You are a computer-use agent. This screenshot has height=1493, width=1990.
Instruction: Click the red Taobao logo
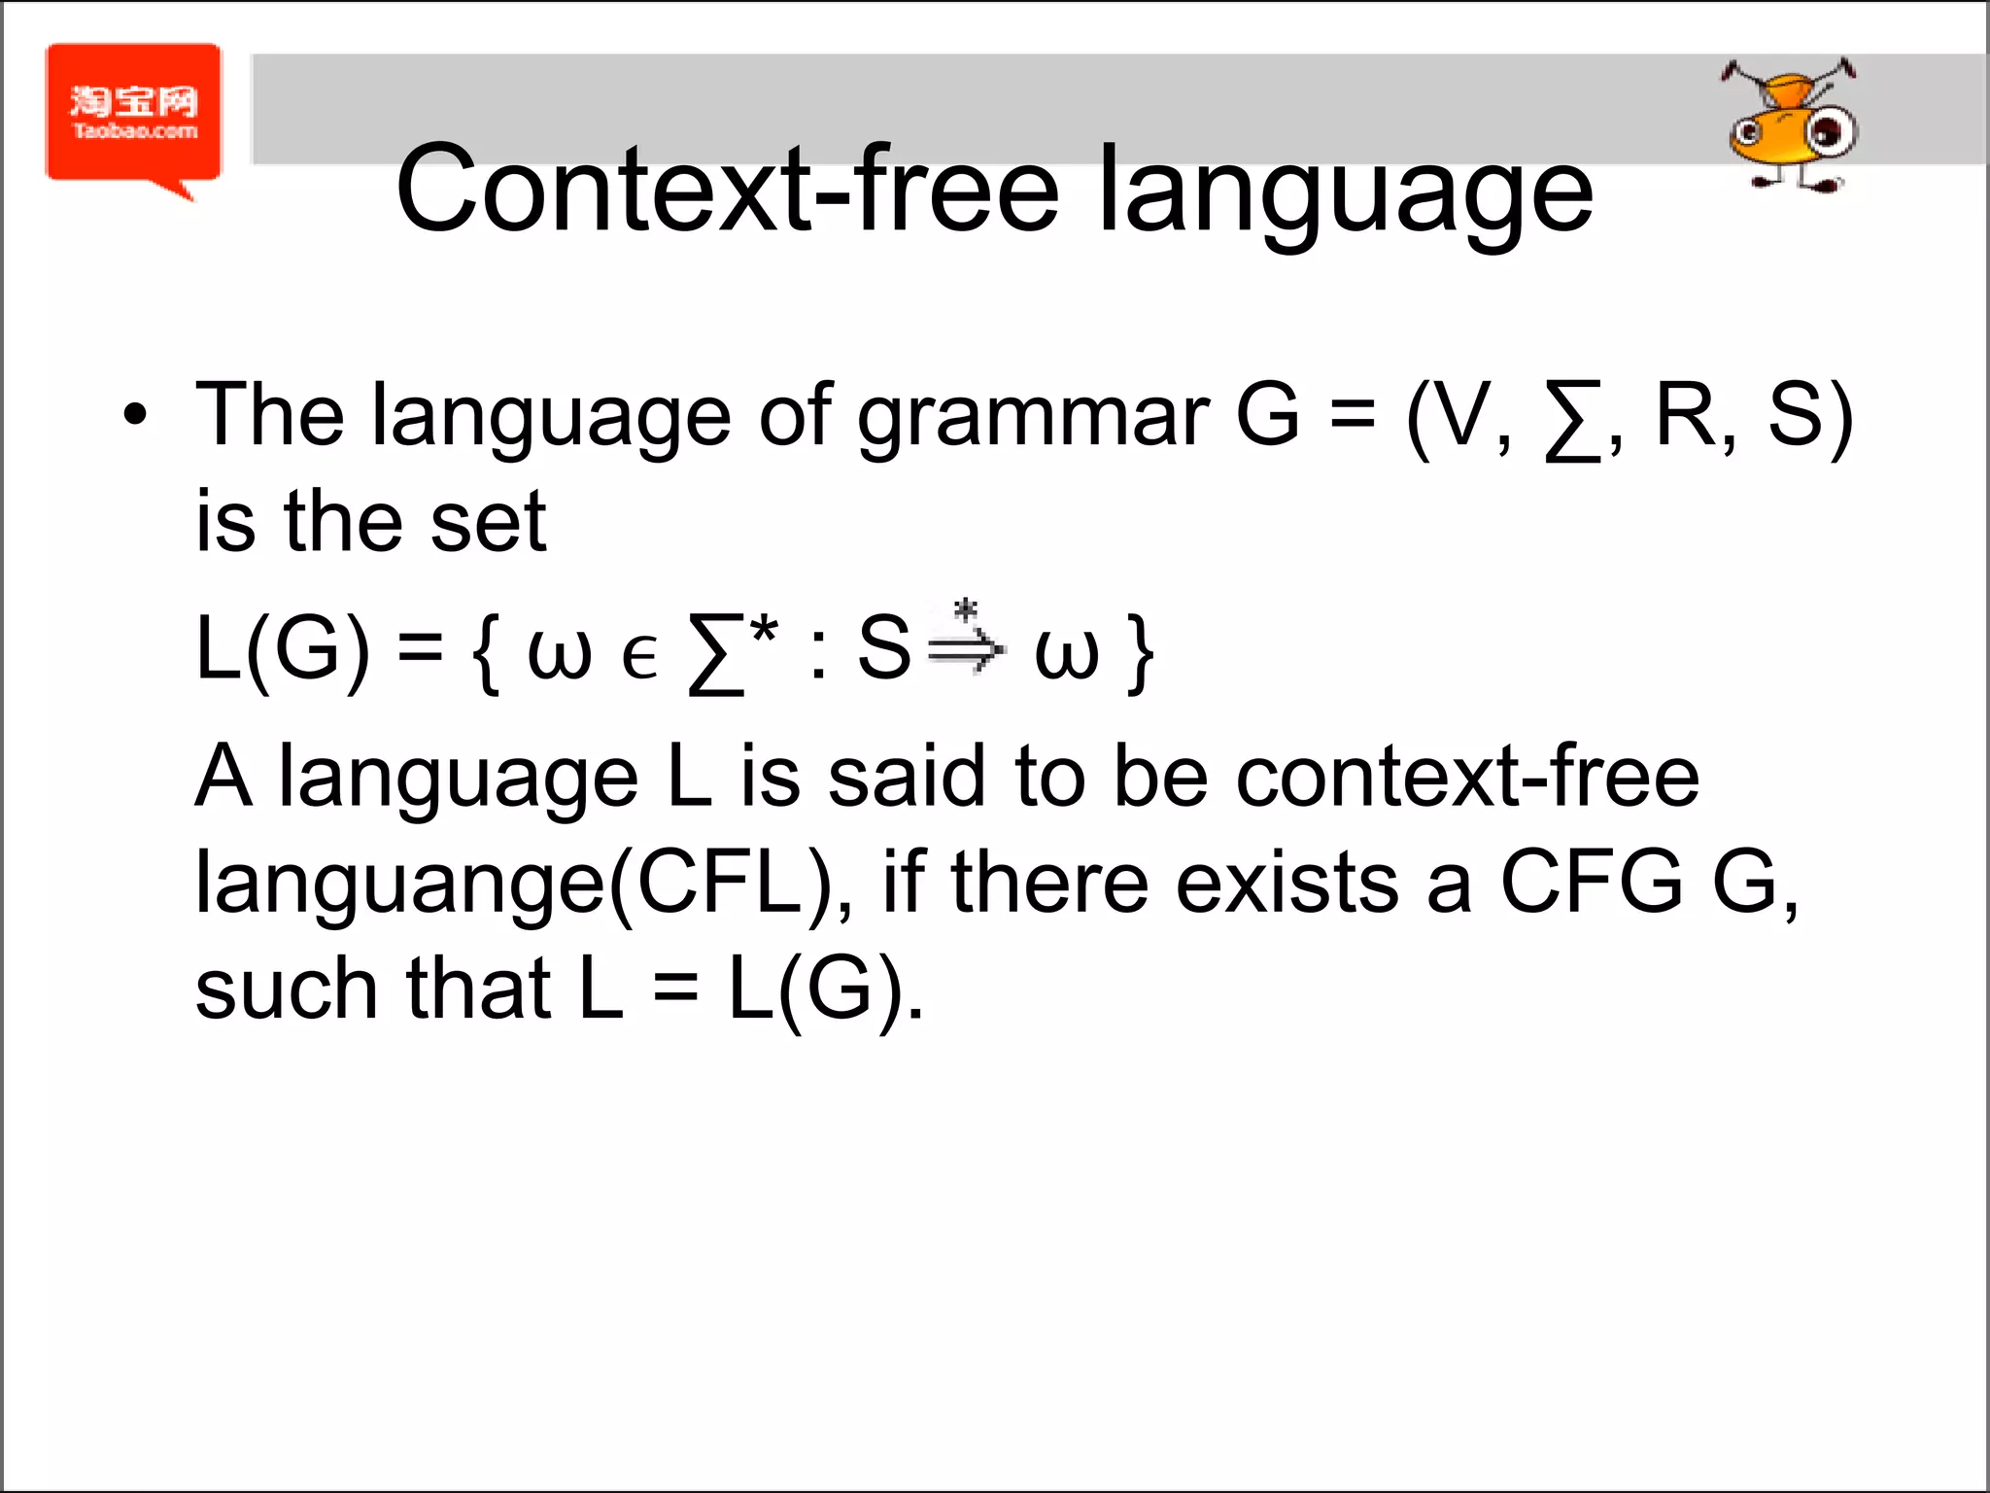click(134, 115)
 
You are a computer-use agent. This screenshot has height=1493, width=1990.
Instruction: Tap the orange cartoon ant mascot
click(1790, 126)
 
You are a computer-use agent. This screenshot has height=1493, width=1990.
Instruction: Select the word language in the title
click(1345, 194)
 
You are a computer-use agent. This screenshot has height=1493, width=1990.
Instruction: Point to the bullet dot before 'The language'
click(135, 416)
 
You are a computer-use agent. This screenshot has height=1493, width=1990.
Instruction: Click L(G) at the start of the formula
click(283, 649)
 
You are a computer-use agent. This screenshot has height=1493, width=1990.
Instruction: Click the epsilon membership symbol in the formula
click(638, 656)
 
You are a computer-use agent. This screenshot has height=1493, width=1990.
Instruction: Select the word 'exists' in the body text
click(1287, 883)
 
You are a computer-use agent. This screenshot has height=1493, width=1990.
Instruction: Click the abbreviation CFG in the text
click(1591, 883)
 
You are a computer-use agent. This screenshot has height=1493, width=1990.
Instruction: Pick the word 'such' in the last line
click(286, 990)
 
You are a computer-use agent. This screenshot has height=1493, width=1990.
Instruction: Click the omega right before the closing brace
click(1066, 654)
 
